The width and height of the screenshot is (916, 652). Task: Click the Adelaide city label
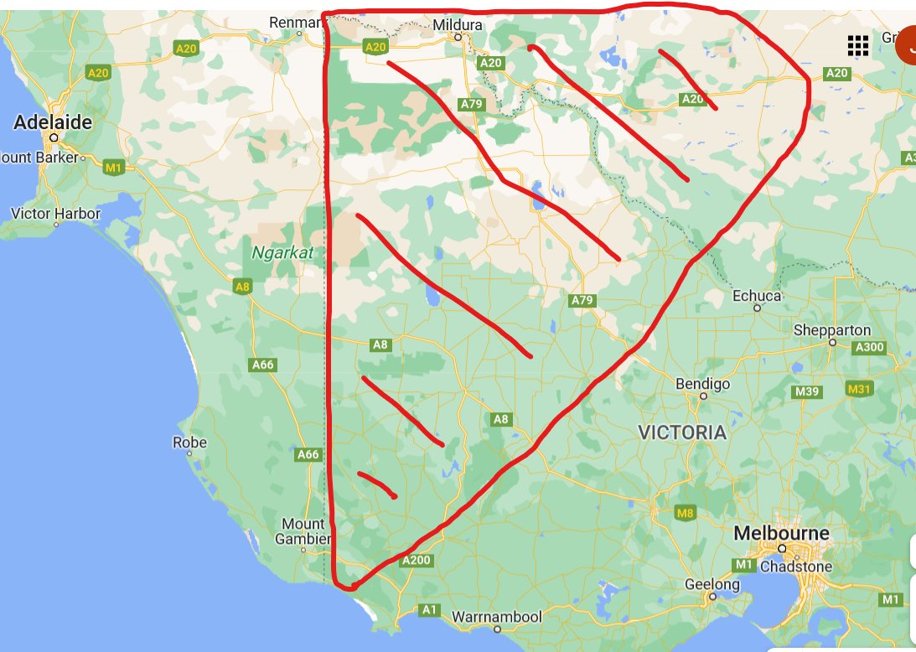click(x=53, y=122)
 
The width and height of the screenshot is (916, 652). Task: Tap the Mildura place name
click(x=458, y=25)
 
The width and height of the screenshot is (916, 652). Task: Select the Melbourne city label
click(x=781, y=533)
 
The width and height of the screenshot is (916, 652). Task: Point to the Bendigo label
click(x=702, y=384)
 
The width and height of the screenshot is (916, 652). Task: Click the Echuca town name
click(x=756, y=296)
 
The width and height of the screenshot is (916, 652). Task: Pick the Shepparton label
click(x=832, y=330)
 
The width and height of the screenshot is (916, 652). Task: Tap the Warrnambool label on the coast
click(x=497, y=617)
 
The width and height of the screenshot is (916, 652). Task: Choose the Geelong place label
click(x=712, y=584)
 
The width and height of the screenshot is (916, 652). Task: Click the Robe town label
click(x=189, y=442)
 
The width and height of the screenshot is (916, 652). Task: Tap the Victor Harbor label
click(x=55, y=214)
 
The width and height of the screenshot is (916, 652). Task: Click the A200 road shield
click(x=416, y=561)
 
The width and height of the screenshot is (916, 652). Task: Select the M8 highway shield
click(x=686, y=513)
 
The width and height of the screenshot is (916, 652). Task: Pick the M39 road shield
click(x=806, y=391)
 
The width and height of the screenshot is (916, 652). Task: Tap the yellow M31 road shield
click(x=860, y=389)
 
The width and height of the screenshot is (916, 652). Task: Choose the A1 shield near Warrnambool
click(x=430, y=610)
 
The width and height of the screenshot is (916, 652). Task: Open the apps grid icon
click(x=857, y=45)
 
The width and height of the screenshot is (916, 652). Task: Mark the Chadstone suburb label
click(x=796, y=567)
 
